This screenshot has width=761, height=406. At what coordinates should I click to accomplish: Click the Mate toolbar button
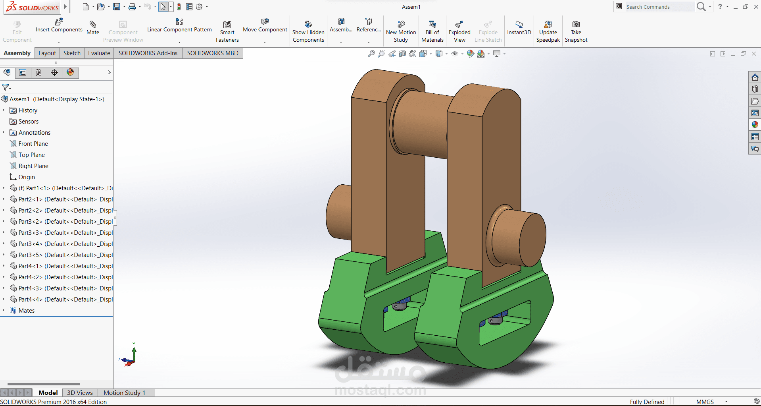[x=93, y=28]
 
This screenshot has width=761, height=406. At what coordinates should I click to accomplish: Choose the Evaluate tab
[x=99, y=53]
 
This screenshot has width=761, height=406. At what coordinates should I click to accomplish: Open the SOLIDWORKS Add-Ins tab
[x=148, y=53]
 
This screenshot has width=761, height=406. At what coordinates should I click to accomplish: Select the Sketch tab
[x=72, y=53]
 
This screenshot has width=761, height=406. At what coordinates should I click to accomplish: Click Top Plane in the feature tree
[x=32, y=155]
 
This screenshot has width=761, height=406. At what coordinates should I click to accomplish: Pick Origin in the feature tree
[x=27, y=177]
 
